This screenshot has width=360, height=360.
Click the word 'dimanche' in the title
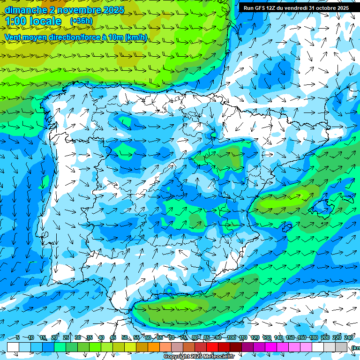[26, 10]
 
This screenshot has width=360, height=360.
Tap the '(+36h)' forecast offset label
[81, 21]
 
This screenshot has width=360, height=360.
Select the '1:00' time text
[15, 21]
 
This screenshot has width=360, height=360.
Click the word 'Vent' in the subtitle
[13, 37]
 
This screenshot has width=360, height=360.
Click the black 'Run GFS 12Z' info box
[296, 8]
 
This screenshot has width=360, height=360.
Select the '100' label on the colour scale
[231, 337]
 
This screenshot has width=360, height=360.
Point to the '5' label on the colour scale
[17, 337]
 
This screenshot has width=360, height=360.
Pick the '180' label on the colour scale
[313, 337]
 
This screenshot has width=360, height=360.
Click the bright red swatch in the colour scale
[212, 347]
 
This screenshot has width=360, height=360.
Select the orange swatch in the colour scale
[154, 347]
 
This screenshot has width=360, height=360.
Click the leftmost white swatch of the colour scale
[13, 347]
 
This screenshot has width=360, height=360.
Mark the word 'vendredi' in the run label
[293, 8]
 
